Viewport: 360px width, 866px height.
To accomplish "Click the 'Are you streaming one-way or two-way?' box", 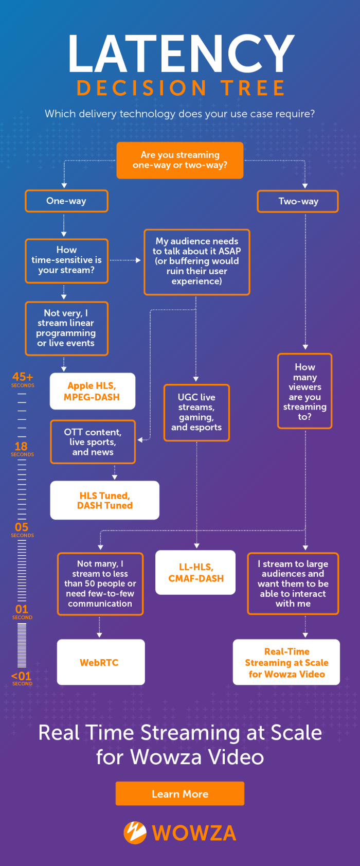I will tap(180, 160).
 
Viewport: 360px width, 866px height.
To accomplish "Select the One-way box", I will tap(66, 201).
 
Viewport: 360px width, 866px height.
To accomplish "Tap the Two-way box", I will tap(298, 201).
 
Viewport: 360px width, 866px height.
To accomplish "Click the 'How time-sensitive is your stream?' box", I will tap(66, 260).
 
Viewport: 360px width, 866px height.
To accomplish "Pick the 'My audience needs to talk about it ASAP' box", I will tap(197, 261).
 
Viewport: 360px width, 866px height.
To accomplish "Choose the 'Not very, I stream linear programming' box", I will tap(66, 328).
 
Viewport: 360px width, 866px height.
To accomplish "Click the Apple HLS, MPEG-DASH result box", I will tap(92, 391).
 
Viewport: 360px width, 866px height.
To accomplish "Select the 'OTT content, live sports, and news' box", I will tap(93, 442).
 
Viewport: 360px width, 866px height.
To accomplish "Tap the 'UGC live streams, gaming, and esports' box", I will tap(196, 412).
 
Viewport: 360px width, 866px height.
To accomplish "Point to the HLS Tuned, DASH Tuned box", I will tap(104, 500).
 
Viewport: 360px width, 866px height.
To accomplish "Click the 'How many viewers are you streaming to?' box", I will tap(304, 391).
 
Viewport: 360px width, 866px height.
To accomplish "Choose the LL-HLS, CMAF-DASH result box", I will tap(195, 572).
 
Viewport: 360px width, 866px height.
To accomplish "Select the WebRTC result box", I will tap(100, 662).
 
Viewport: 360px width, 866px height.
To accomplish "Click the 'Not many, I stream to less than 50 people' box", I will tap(100, 584).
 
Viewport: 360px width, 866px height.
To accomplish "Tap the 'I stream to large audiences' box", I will tap(293, 584).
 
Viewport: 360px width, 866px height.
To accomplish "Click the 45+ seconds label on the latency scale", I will tap(23, 379).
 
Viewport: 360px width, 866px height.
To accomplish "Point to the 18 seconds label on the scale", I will tap(22, 448).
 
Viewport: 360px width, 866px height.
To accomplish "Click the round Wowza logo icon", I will tap(135, 832).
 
